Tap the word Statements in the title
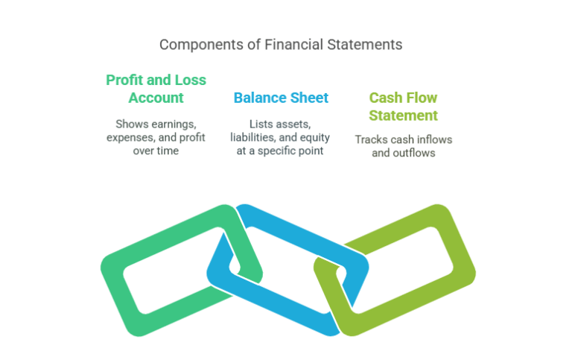click(x=366, y=45)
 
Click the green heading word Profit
click(x=127, y=80)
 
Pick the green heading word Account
click(x=156, y=98)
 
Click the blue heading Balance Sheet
click(x=281, y=98)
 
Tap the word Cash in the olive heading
click(x=387, y=98)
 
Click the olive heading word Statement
click(x=404, y=116)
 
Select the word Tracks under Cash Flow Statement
click(x=371, y=139)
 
